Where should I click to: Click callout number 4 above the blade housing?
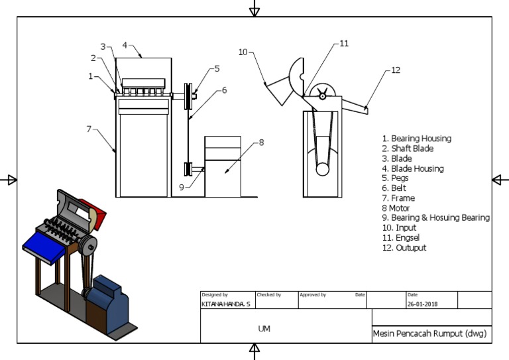(125, 46)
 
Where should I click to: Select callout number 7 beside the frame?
(88, 129)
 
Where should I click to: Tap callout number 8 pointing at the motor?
(261, 142)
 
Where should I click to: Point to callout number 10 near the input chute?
(243, 52)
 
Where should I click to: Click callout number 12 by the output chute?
(396, 70)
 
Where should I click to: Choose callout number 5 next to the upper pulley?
(217, 68)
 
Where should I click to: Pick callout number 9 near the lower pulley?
(181, 188)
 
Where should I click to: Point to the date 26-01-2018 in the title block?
(422, 304)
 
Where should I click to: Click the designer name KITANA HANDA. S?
(226, 304)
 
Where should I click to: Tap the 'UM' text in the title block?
(264, 329)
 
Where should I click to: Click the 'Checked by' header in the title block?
(268, 294)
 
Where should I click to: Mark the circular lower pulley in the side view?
(323, 169)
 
